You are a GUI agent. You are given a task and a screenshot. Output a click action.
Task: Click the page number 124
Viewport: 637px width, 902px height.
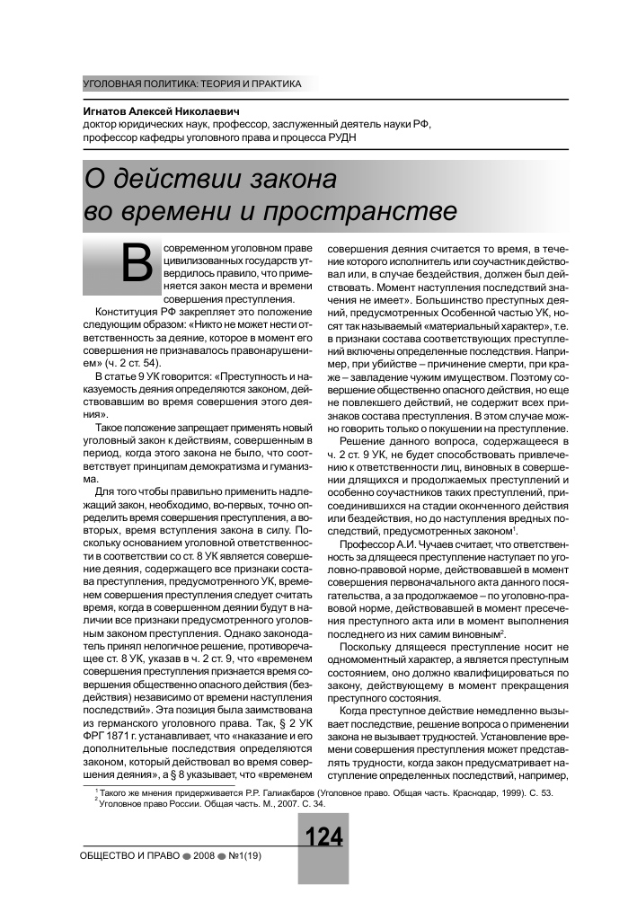coord(324,837)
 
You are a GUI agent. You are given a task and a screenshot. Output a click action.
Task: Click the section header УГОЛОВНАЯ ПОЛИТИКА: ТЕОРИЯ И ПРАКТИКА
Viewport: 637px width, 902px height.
coord(191,84)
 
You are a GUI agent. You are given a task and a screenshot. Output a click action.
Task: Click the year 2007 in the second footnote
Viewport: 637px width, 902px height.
coord(270,804)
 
